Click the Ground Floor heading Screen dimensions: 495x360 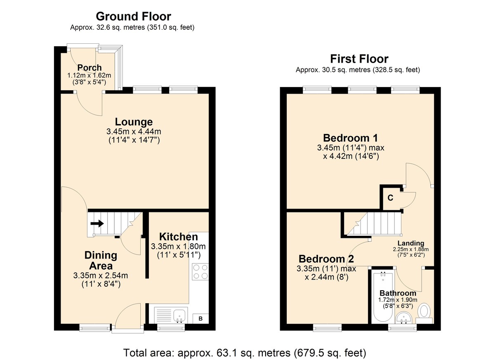[134, 16]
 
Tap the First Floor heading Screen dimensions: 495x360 [359, 59]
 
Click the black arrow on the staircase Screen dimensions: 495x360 [97, 224]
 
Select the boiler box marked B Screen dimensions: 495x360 [200, 319]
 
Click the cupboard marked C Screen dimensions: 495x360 [391, 198]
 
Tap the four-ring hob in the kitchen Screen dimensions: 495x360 [200, 272]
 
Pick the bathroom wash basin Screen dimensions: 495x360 [404, 318]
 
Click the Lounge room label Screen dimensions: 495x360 [134, 122]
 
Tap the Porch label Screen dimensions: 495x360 [90, 68]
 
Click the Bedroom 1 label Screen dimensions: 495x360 [351, 138]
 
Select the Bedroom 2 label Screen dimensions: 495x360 [326, 259]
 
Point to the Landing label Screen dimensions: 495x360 [411, 243]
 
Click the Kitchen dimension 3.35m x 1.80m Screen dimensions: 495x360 [178, 246]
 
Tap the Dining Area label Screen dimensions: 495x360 [101, 261]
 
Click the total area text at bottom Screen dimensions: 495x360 [245, 353]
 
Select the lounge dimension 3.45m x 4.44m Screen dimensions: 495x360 [134, 132]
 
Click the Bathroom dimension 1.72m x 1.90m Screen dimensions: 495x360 [398, 300]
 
